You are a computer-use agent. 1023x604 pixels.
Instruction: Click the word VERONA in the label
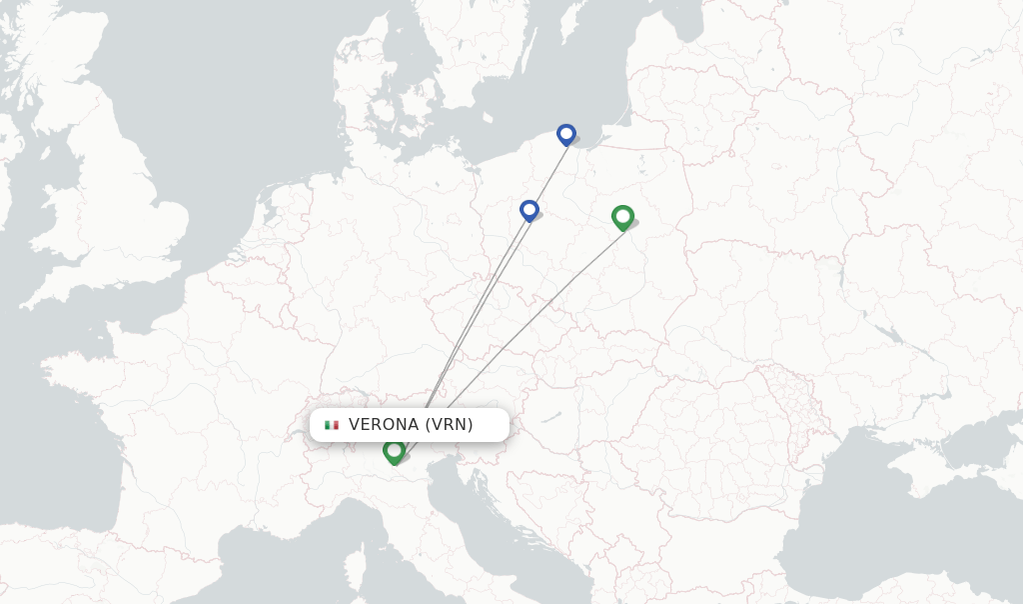tap(384, 424)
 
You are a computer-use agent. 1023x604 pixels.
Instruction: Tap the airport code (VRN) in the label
tap(449, 424)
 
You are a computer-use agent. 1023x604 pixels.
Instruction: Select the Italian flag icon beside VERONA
tap(332, 425)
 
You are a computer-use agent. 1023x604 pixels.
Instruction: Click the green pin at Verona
tap(394, 451)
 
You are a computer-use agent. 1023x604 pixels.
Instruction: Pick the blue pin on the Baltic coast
tap(566, 134)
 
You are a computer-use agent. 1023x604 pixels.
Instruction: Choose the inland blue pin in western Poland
tap(529, 210)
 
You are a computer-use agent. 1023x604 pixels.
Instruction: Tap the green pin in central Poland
tap(622, 216)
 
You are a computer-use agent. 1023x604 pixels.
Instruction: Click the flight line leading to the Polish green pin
tap(519, 331)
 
